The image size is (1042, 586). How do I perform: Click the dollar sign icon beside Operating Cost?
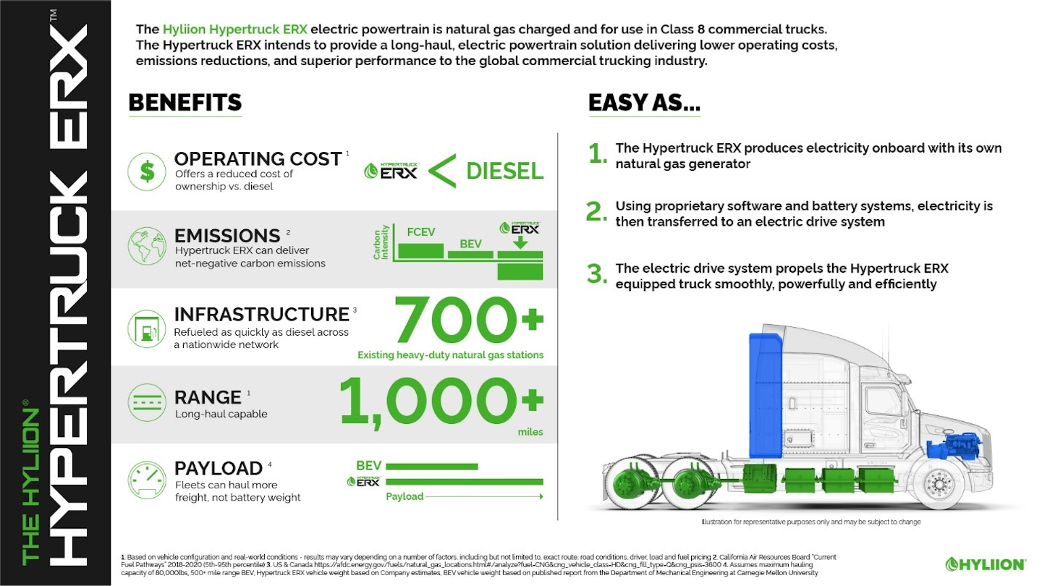point(147,171)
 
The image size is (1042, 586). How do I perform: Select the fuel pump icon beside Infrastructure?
point(147,330)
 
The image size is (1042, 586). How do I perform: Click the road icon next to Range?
point(147,403)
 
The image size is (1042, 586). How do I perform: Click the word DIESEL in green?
point(504,171)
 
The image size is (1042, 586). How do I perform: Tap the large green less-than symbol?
point(441,171)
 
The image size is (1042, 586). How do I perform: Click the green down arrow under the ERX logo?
point(520,244)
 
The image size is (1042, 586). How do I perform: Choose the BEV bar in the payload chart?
point(431,467)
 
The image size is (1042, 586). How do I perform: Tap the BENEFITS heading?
point(185,103)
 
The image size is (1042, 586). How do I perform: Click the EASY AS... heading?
point(643,103)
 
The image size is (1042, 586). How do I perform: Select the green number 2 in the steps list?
point(596,212)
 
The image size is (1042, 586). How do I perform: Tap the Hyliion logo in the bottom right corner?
point(986,564)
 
